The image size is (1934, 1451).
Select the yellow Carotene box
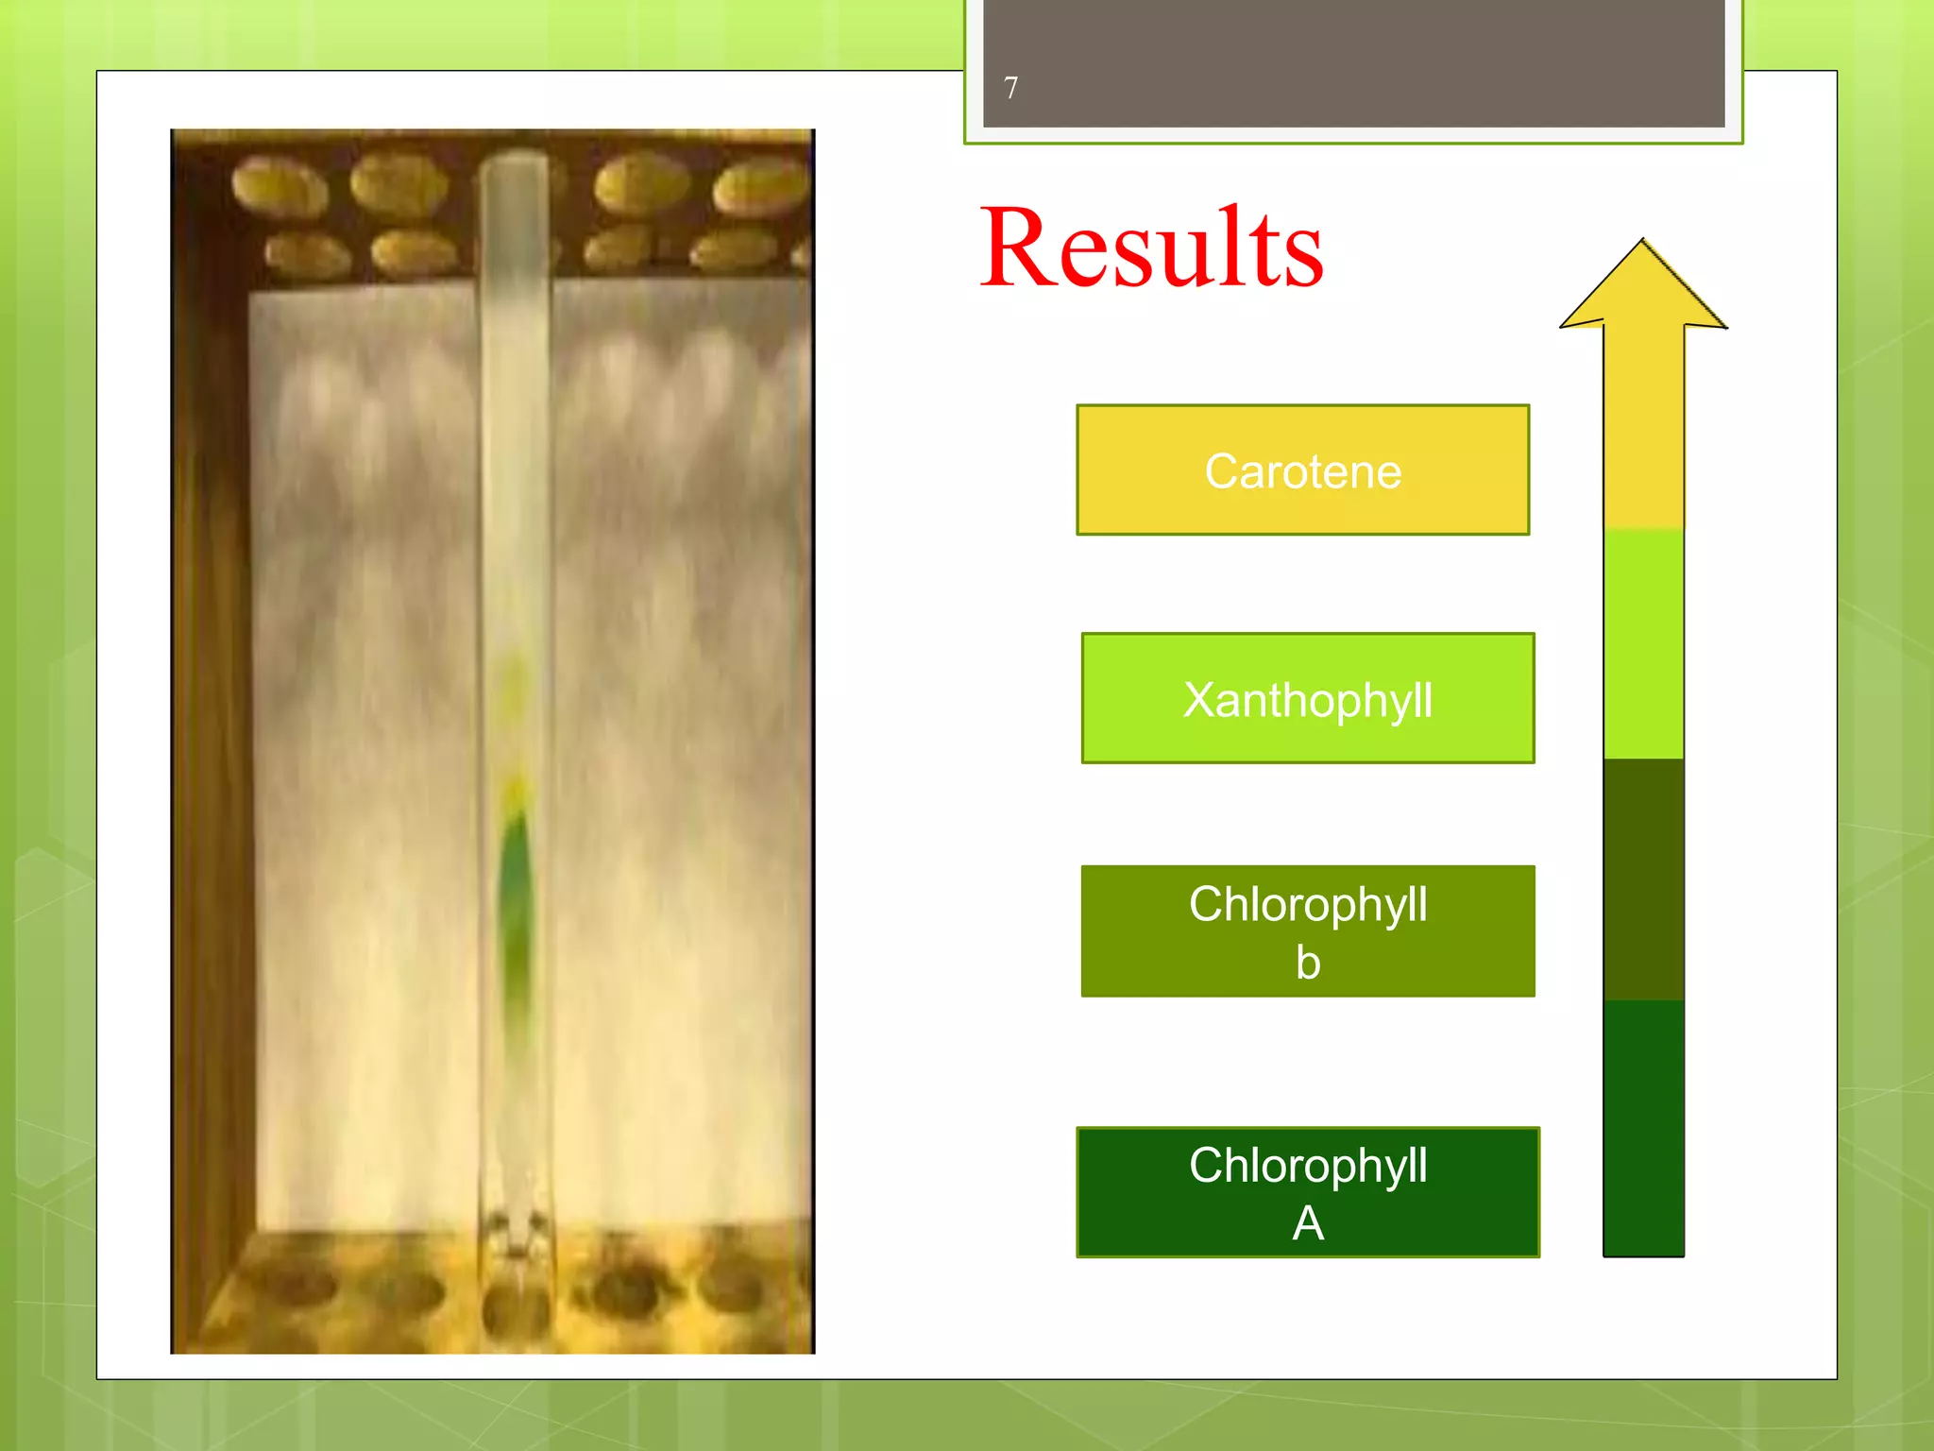point(1302,470)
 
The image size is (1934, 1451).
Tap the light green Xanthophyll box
point(1308,699)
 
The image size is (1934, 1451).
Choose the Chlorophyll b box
point(1308,931)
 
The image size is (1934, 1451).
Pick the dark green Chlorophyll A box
point(1308,1192)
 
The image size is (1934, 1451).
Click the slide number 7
point(1010,88)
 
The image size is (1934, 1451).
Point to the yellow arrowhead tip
point(1643,244)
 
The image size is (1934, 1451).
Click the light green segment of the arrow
point(1643,642)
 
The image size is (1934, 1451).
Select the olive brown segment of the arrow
point(1643,879)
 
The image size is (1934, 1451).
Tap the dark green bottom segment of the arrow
point(1643,1129)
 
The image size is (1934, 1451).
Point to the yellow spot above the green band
point(515,789)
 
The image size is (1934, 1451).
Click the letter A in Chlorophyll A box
point(1308,1224)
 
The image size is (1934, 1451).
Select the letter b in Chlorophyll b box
point(1308,963)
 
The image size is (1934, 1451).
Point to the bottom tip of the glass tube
point(516,1252)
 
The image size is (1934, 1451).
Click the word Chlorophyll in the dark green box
point(1308,1165)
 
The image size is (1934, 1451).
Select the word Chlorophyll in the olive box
point(1308,904)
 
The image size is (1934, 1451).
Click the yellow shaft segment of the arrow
point(1643,425)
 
